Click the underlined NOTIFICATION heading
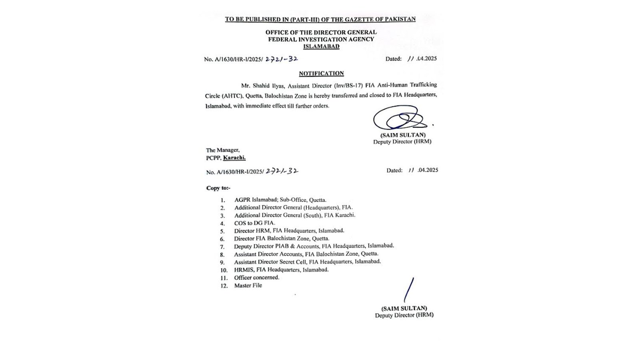[321, 74]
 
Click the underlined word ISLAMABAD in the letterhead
[321, 46]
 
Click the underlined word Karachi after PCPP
[234, 158]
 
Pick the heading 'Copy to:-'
[218, 188]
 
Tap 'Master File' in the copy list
[248, 286]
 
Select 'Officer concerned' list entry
[257, 278]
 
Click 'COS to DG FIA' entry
[255, 223]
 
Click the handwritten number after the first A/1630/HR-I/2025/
[282, 59]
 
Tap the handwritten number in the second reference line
[282, 171]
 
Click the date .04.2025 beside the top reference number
[426, 59]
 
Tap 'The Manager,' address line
[223, 150]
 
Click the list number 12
[224, 286]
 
